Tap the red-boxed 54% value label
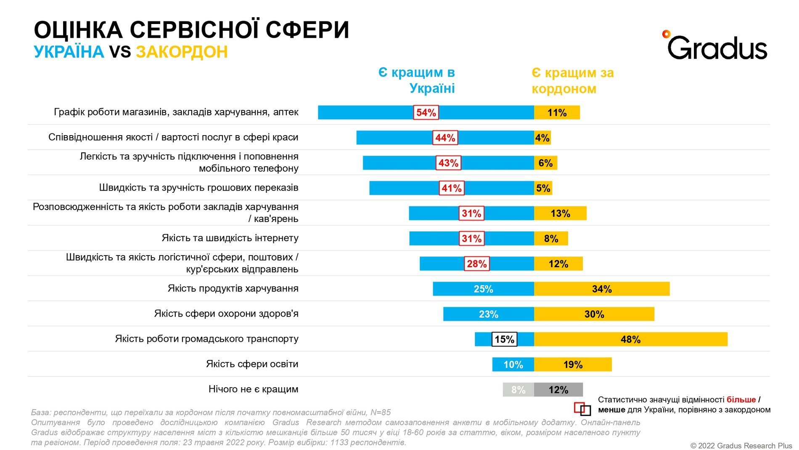pyautogui.click(x=426, y=112)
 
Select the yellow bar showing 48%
pyautogui.click(x=630, y=339)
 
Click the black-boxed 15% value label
pyautogui.click(x=504, y=339)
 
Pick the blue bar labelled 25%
pyautogui.click(x=483, y=289)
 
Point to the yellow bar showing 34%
pyautogui.click(x=601, y=289)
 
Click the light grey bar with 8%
pyautogui.click(x=518, y=390)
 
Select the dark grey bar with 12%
pyautogui.click(x=558, y=390)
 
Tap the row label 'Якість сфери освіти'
pyautogui.click(x=252, y=364)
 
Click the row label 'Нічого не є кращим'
pyautogui.click(x=253, y=389)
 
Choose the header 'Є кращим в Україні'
pyautogui.click(x=417, y=80)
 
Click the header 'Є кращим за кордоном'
pyautogui.click(x=572, y=81)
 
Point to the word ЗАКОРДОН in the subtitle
pyautogui.click(x=182, y=52)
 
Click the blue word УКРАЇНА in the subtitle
pyautogui.click(x=69, y=52)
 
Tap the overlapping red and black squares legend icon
pyautogui.click(x=582, y=409)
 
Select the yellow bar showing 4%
pyautogui.click(x=542, y=138)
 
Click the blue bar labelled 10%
pyautogui.click(x=513, y=365)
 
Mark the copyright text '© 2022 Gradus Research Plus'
pyautogui.click(x=741, y=445)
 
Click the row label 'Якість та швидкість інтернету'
pyautogui.click(x=230, y=238)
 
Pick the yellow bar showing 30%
pyautogui.click(x=594, y=314)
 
